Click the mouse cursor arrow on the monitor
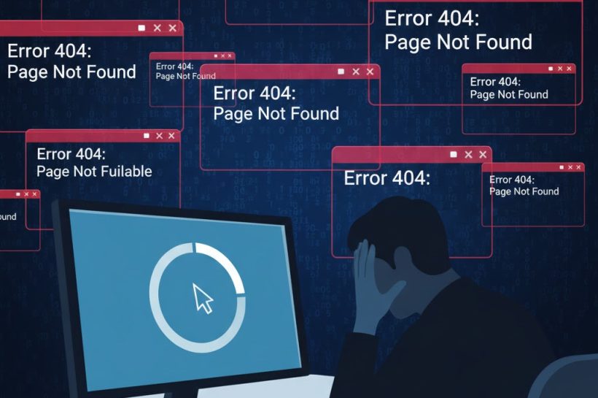pos(203,297)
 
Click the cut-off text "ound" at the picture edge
pos(8,217)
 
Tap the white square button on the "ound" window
pos(16,194)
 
